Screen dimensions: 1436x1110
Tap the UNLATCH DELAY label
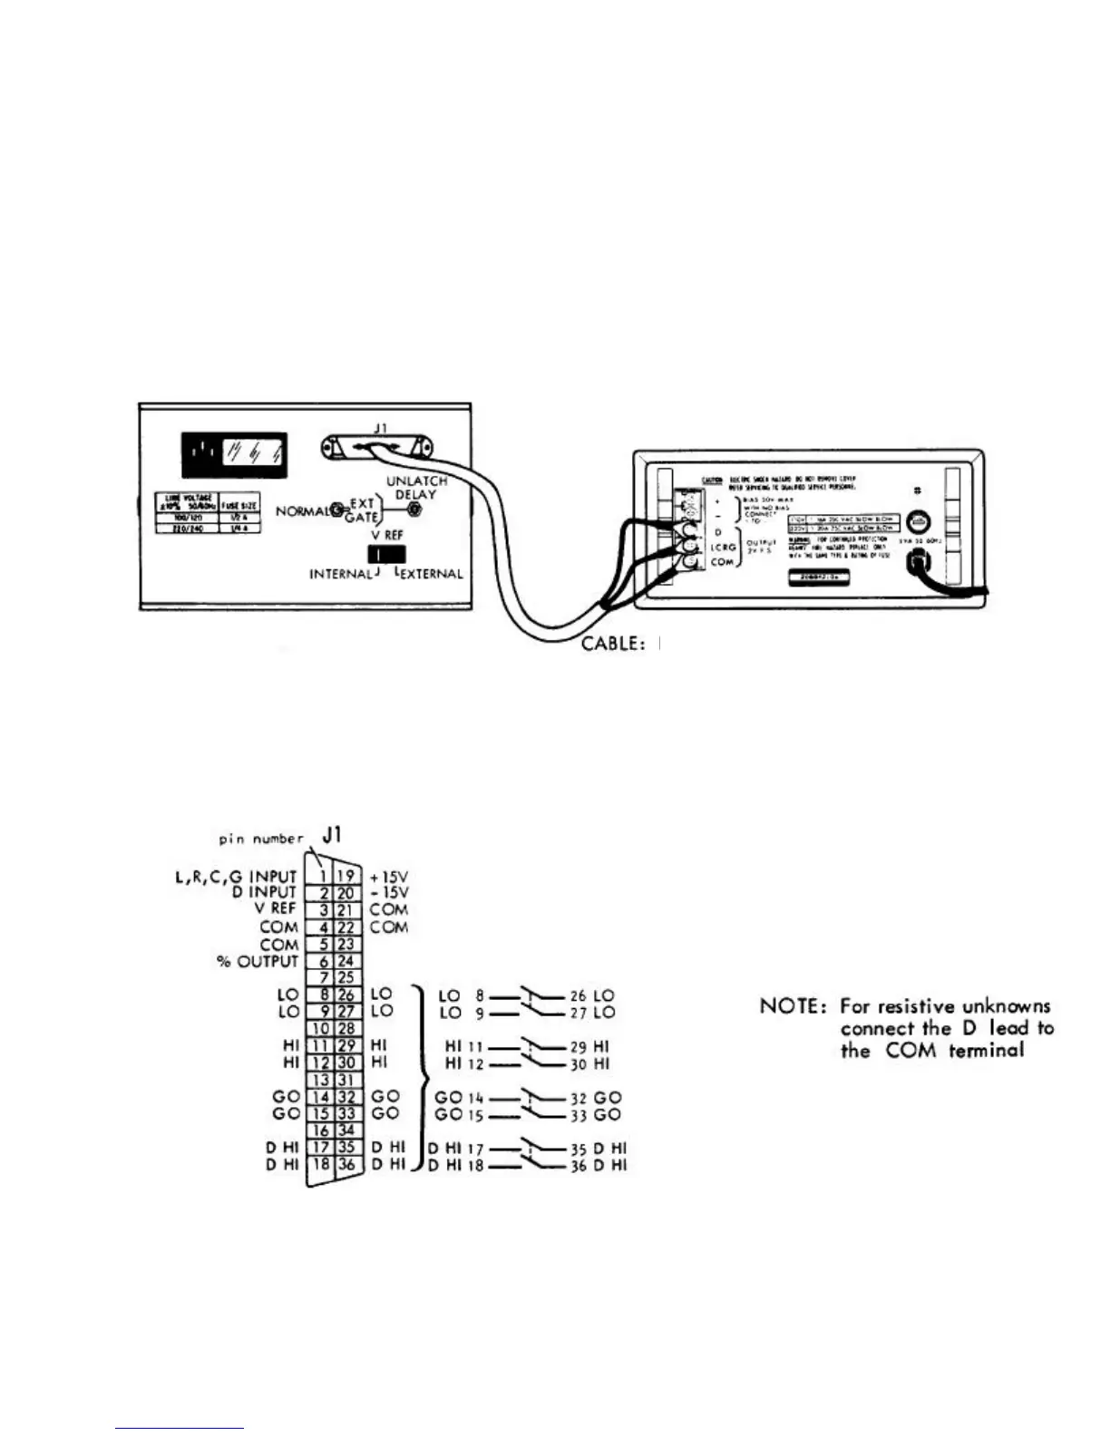click(416, 488)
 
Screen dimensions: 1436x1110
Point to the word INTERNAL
click(340, 574)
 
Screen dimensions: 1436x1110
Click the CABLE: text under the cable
click(613, 645)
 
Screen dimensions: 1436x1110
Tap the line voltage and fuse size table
click(198, 513)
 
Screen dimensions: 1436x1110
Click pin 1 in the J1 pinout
click(321, 876)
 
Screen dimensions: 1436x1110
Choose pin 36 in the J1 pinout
click(346, 1165)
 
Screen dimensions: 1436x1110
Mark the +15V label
click(389, 877)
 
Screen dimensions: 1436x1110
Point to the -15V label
click(389, 893)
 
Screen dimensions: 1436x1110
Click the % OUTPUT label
click(257, 961)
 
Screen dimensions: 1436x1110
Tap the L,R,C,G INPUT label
click(236, 877)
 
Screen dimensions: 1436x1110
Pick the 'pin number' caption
click(261, 839)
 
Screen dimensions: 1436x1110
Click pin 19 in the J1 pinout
click(346, 876)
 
